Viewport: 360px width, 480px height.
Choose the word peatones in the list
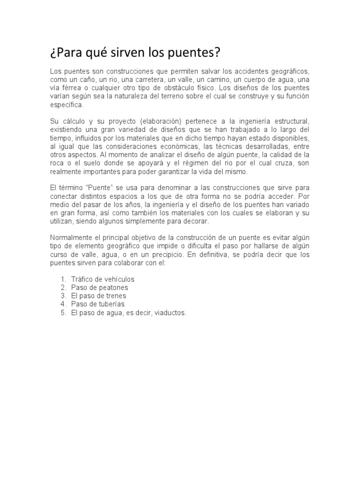111,288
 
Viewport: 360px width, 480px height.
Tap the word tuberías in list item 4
108,304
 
